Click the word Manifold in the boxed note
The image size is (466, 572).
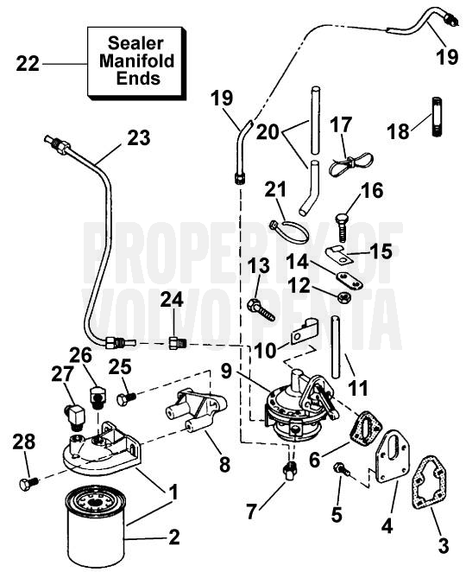tap(136, 61)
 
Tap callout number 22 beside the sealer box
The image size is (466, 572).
tap(28, 64)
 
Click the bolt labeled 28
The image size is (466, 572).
tap(28, 483)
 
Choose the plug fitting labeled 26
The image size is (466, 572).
tap(98, 398)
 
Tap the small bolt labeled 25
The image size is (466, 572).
tap(126, 398)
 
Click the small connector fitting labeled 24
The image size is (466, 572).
tap(178, 343)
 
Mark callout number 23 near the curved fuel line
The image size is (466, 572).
tap(138, 139)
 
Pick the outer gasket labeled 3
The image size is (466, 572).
tap(430, 481)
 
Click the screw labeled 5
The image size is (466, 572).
tap(342, 469)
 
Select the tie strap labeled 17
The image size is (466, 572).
tap(351, 162)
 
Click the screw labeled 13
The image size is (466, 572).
tap(261, 310)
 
